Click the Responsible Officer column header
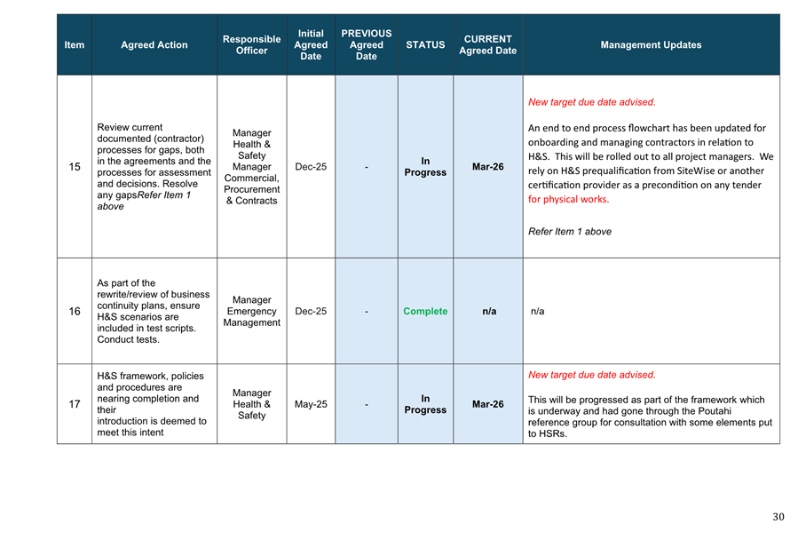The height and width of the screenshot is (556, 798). [251, 44]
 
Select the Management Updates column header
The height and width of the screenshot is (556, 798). [651, 44]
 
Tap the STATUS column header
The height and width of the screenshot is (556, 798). [425, 44]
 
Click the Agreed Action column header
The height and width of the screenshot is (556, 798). [154, 44]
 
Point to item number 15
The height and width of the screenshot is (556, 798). [75, 167]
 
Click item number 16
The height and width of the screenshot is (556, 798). [75, 312]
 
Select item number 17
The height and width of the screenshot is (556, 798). [75, 404]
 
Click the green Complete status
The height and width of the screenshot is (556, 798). [425, 312]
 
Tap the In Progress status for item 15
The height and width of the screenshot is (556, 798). [425, 167]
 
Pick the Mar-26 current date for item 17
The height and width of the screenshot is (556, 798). [487, 404]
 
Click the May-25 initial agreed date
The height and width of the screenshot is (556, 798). [311, 404]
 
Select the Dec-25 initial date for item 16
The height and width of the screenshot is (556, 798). [311, 312]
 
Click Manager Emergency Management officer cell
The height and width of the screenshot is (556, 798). [251, 312]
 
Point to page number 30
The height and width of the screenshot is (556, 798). [778, 517]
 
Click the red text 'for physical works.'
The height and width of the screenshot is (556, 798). [568, 199]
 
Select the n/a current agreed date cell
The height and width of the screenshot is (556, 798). [488, 312]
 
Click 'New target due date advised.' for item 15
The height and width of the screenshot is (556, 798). [591, 102]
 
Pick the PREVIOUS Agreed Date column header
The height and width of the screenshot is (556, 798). [366, 44]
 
